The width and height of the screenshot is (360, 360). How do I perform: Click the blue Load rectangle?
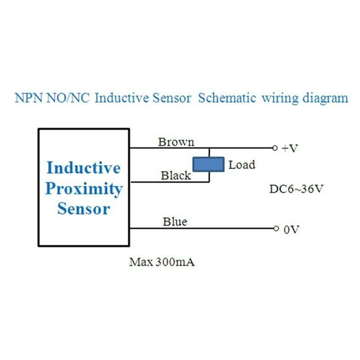209,164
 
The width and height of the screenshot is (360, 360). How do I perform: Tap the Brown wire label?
176,142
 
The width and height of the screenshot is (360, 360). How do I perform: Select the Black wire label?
176,175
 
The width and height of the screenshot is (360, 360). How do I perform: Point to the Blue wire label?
175,222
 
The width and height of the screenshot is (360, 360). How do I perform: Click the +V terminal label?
289,148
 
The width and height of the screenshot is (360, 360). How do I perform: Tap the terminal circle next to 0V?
274,229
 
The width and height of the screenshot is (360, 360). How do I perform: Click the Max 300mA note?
162,262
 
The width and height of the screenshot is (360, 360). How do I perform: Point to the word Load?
242,165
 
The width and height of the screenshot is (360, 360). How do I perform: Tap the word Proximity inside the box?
84,189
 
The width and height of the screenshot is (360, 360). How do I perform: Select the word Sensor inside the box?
84,209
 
